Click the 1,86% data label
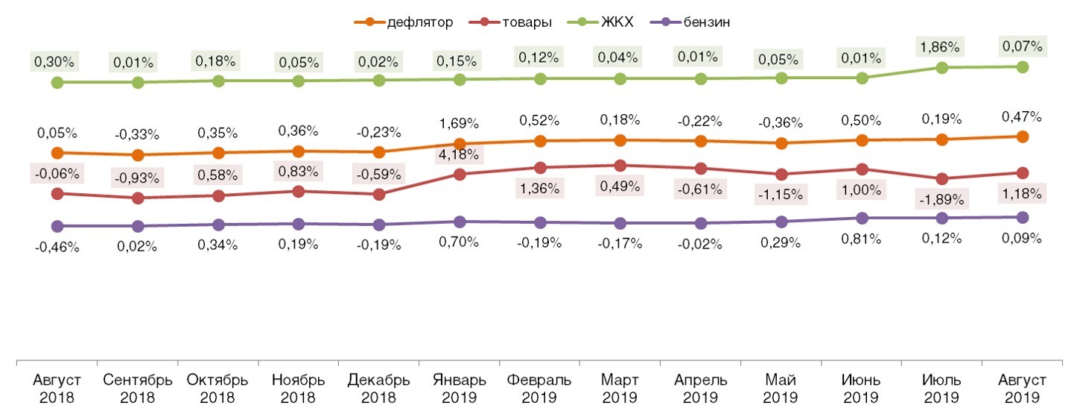coord(942,46)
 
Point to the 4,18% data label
coord(460,155)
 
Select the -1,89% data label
coord(942,199)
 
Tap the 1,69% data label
coord(460,124)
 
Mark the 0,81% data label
coord(862,239)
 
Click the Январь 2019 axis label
coord(460,388)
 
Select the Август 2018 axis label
coord(57,388)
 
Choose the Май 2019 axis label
coord(781,388)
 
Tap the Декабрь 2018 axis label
coord(379,388)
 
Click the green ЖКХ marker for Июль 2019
coord(942,67)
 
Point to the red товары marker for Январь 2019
coord(460,175)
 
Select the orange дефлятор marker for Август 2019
coord(1023,137)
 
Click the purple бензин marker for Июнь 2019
coord(862,219)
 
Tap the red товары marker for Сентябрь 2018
coord(138,198)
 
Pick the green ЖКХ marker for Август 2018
coord(57,82)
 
